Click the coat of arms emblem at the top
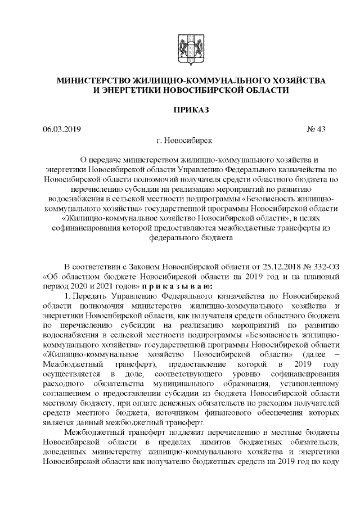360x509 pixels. (191, 48)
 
